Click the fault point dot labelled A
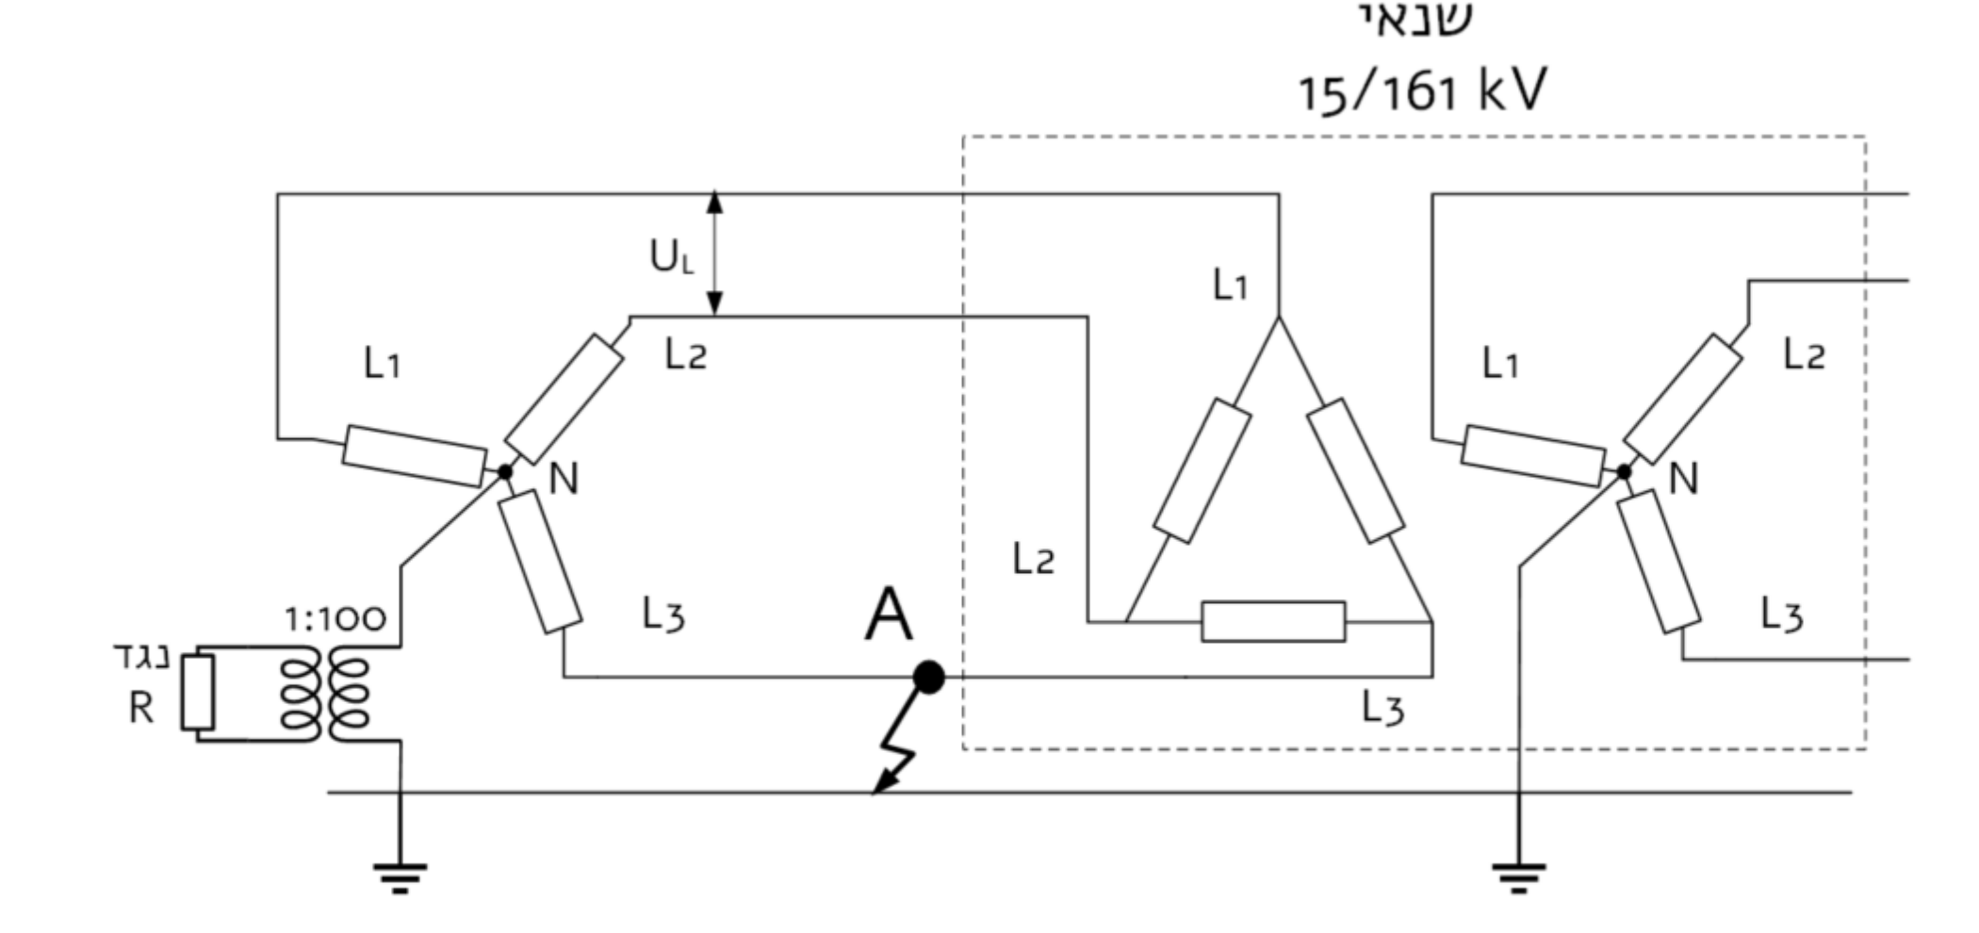928,677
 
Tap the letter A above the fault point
888,614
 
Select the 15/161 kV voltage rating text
1422,91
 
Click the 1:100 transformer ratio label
335,619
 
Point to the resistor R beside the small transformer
198,693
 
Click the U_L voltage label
671,256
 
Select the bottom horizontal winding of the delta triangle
1273,622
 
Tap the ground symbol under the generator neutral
400,877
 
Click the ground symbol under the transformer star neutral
1518,877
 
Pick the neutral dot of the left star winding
505,471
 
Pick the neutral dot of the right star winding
1624,471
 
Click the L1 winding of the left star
415,456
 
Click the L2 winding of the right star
1683,399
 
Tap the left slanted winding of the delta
1202,470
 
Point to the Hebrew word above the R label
141,657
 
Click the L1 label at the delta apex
1231,284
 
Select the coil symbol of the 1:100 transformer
326,695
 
